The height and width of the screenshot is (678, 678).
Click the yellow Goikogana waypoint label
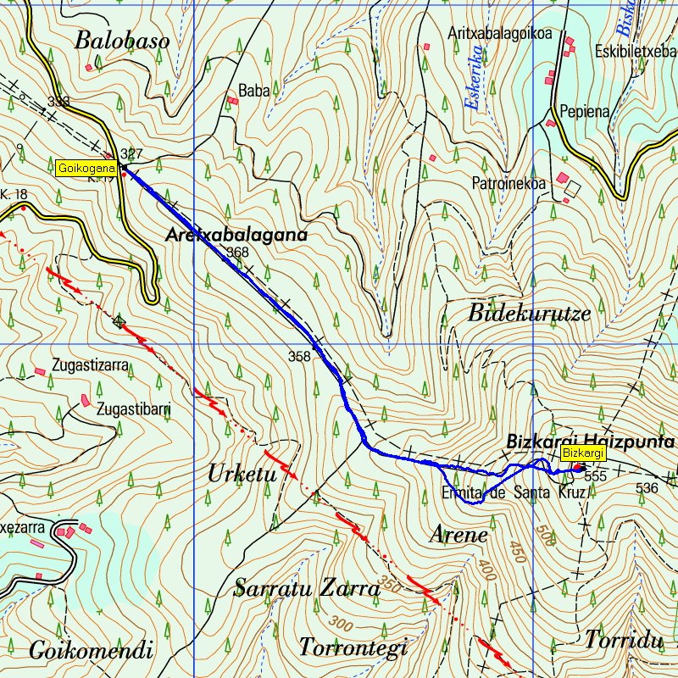[x=86, y=168]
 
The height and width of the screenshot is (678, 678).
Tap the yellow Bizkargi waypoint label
[x=582, y=454]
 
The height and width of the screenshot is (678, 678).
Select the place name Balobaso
[x=122, y=41]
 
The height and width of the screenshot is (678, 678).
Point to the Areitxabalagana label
[x=236, y=235]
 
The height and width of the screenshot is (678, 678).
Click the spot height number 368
[x=238, y=253]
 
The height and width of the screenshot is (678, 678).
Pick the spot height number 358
[x=299, y=357]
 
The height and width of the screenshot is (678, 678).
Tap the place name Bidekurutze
[x=528, y=312]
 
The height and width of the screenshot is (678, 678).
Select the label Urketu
[x=242, y=475]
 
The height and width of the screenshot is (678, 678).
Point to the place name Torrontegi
[x=353, y=647]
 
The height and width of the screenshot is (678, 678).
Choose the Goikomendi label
[x=91, y=651]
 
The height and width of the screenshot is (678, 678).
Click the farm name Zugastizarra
[x=89, y=366]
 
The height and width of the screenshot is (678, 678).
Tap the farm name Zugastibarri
[x=134, y=408]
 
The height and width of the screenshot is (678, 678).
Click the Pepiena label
[x=585, y=111]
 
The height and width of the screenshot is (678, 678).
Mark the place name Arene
[x=458, y=535]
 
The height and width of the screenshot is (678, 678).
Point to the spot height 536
[x=647, y=488]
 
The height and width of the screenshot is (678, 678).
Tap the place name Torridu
[x=622, y=640]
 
